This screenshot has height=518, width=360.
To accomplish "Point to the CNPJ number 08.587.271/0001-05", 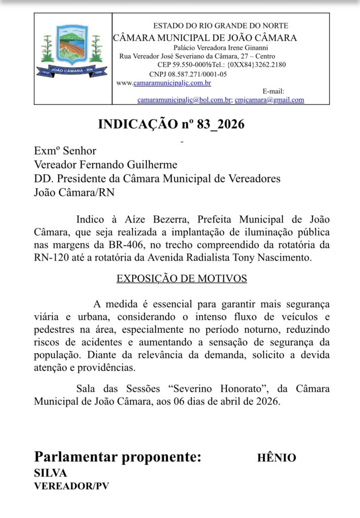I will pyautogui.click(x=198, y=74).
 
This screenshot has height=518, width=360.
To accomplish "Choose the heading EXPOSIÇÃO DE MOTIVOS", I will pyautogui.click(x=182, y=279).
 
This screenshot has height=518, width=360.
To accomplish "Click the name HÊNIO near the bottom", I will pyautogui.click(x=276, y=458).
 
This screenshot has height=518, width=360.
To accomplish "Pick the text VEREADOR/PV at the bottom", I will pyautogui.click(x=71, y=486).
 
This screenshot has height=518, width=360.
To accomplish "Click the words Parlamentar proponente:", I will pyautogui.click(x=117, y=457).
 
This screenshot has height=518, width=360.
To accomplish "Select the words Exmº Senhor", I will pyautogui.click(x=65, y=150).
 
